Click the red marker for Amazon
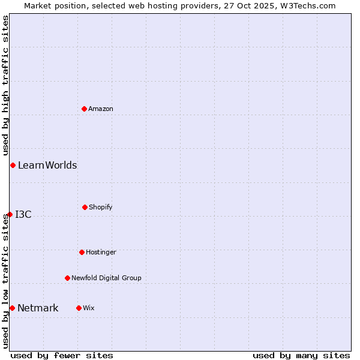(x=84, y=109)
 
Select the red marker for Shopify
(x=85, y=207)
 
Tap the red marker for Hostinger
(x=82, y=252)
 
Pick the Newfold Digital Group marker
(x=67, y=278)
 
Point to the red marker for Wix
(x=79, y=308)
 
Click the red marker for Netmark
(x=12, y=308)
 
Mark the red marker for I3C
(x=10, y=214)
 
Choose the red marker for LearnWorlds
(x=13, y=165)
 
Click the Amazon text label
(x=101, y=109)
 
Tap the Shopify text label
(x=101, y=207)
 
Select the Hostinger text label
(x=101, y=252)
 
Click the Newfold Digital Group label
(x=106, y=278)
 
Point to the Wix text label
(x=89, y=308)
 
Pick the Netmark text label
(x=38, y=308)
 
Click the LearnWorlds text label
(x=47, y=165)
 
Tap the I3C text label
(x=23, y=214)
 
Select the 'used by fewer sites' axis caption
(x=62, y=355)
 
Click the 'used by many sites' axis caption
(x=301, y=355)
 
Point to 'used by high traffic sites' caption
(x=5, y=85)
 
